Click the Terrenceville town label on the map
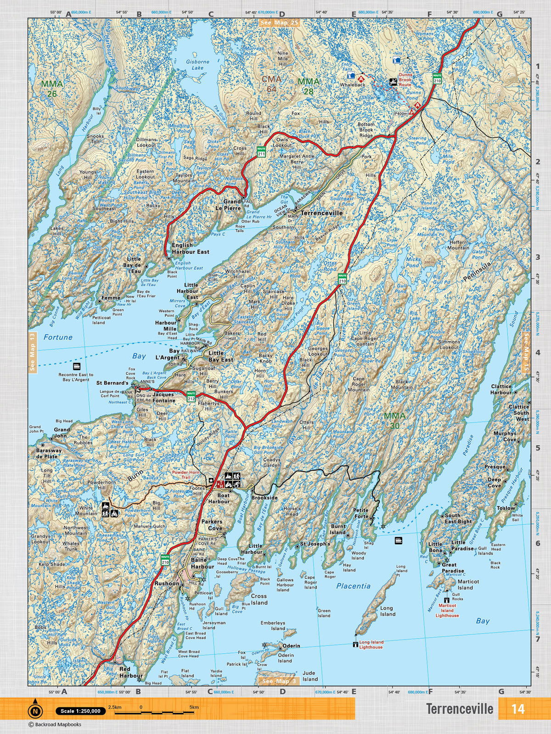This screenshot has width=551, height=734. pos(321,213)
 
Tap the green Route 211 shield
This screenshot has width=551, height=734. pos(261,152)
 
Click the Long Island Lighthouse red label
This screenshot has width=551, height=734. pos(371,645)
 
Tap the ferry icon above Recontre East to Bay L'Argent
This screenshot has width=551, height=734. pos(76,367)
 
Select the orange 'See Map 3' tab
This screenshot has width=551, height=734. pos(278,681)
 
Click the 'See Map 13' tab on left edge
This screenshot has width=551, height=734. pos(32,352)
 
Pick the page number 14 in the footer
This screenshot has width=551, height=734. pos(517,709)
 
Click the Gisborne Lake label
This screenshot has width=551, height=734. pos(197,65)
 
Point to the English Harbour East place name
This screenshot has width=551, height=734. pos(190,249)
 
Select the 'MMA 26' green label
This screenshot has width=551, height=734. pos(52,89)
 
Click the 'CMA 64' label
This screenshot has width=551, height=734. pos(271,84)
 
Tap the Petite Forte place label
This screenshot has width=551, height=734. pos(361,513)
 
